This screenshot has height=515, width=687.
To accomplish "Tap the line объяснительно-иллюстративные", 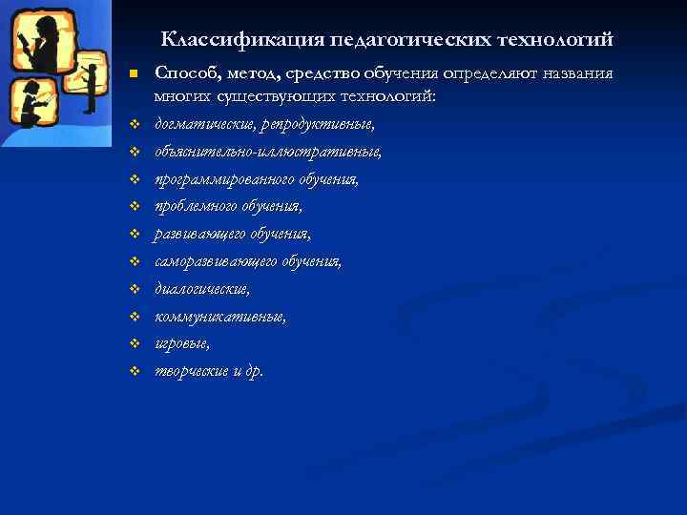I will pyautogui.click(x=268, y=152).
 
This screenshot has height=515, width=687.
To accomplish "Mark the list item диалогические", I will pyautogui.click(x=202, y=288).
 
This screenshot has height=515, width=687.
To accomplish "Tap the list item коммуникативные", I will pyautogui.click(x=219, y=316).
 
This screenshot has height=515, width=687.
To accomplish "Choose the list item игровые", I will pyautogui.click(x=182, y=342).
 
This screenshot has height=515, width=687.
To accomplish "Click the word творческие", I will pyautogui.click(x=194, y=370).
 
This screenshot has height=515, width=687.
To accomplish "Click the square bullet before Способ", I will pyautogui.click(x=135, y=74).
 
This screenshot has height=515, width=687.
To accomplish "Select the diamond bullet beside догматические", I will pyautogui.click(x=135, y=126).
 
